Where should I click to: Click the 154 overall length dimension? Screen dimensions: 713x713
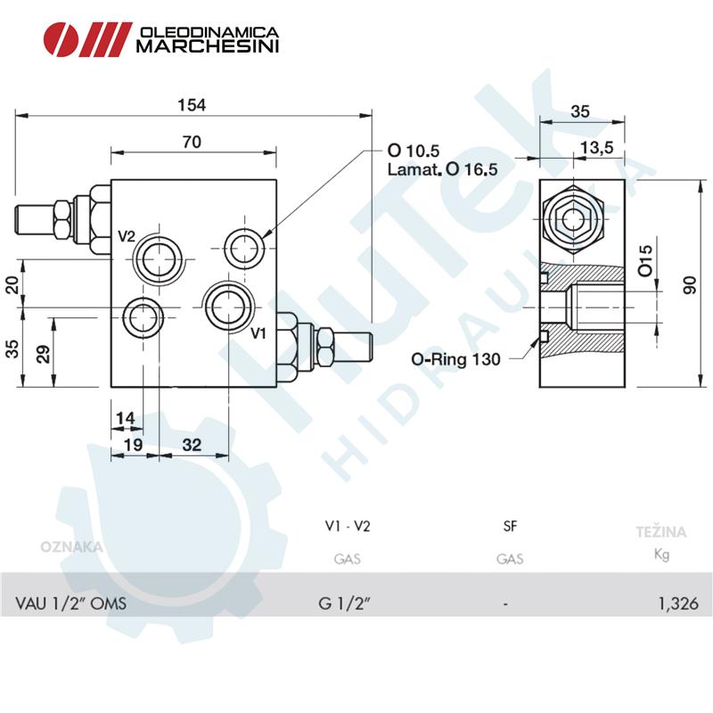pos(192,105)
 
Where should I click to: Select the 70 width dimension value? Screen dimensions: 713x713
pos(192,142)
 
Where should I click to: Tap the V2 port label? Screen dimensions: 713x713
pos(127,236)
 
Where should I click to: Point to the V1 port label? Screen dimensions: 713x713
pos(258,333)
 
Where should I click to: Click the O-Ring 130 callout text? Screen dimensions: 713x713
pos(455,359)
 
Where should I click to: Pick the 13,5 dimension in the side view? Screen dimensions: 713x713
pos(596,147)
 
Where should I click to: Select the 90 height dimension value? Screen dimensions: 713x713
pos(690,285)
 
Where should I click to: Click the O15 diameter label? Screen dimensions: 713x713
pos(644,260)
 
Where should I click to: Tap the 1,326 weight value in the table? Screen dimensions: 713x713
pos(678,603)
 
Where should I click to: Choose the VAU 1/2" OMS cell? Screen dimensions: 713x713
pos(71,603)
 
